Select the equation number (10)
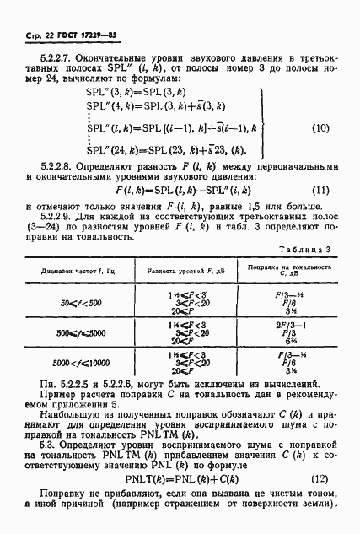coord(319,129)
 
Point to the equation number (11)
coord(319,190)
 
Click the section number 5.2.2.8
coord(45,170)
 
